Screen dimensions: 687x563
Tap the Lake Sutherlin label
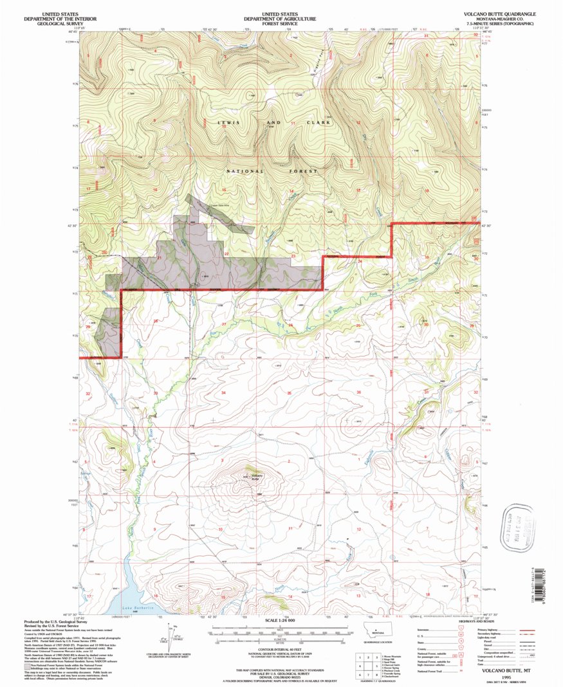pos(135,608)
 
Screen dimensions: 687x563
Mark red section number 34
pos(223,392)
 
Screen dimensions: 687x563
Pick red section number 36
pos(358,392)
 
